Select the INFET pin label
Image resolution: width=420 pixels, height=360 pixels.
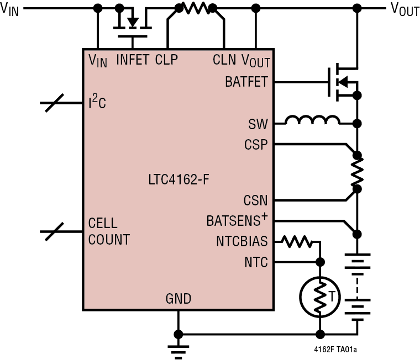click(x=133, y=60)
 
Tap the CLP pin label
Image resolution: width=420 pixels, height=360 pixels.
click(x=166, y=60)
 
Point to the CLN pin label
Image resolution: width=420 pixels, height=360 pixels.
click(x=224, y=60)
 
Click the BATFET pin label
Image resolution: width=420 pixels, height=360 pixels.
click(x=246, y=82)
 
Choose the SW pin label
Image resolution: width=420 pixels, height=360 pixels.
click(x=258, y=124)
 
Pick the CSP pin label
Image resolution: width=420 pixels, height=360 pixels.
click(x=256, y=145)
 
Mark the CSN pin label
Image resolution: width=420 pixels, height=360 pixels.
click(x=256, y=200)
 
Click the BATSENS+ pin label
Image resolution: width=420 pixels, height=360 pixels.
click(x=237, y=221)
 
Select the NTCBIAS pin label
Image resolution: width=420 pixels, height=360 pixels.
click(x=242, y=242)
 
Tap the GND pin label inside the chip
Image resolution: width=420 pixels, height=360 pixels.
click(x=179, y=299)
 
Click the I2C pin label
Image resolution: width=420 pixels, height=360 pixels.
click(x=97, y=103)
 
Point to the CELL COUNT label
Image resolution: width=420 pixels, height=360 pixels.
click(x=109, y=231)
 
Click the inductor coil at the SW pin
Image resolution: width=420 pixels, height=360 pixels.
click(x=312, y=121)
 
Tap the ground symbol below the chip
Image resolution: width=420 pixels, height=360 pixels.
click(x=178, y=348)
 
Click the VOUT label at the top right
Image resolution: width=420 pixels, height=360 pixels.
click(x=405, y=9)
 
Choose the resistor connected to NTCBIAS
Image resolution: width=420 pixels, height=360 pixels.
click(x=296, y=241)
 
